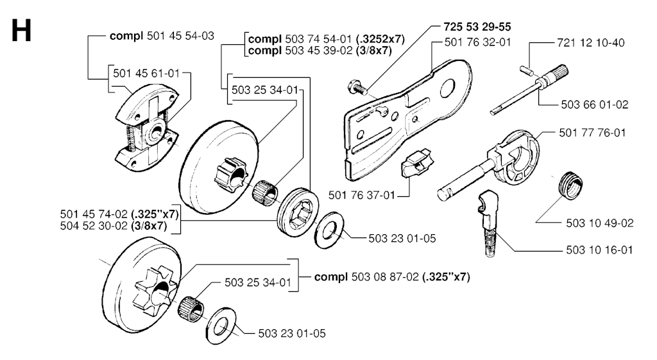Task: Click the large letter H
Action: (x=21, y=30)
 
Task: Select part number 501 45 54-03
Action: (x=180, y=36)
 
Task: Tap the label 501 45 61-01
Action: (x=146, y=74)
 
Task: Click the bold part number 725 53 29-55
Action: (x=477, y=27)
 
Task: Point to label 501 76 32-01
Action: (x=477, y=42)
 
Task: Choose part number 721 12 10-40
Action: (x=591, y=43)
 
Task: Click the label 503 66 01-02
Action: (x=595, y=105)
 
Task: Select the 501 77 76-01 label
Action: (x=592, y=133)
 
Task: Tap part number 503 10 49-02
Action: (x=600, y=223)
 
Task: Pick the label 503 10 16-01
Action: (x=599, y=250)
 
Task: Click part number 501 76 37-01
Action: (x=362, y=195)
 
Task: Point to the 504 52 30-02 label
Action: (x=94, y=227)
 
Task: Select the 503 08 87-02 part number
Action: (x=385, y=277)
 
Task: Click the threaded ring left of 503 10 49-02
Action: (x=571, y=185)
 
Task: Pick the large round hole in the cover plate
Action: (x=447, y=86)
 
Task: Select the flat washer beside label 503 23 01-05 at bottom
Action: (x=221, y=327)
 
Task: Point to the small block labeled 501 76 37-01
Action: (x=416, y=162)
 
